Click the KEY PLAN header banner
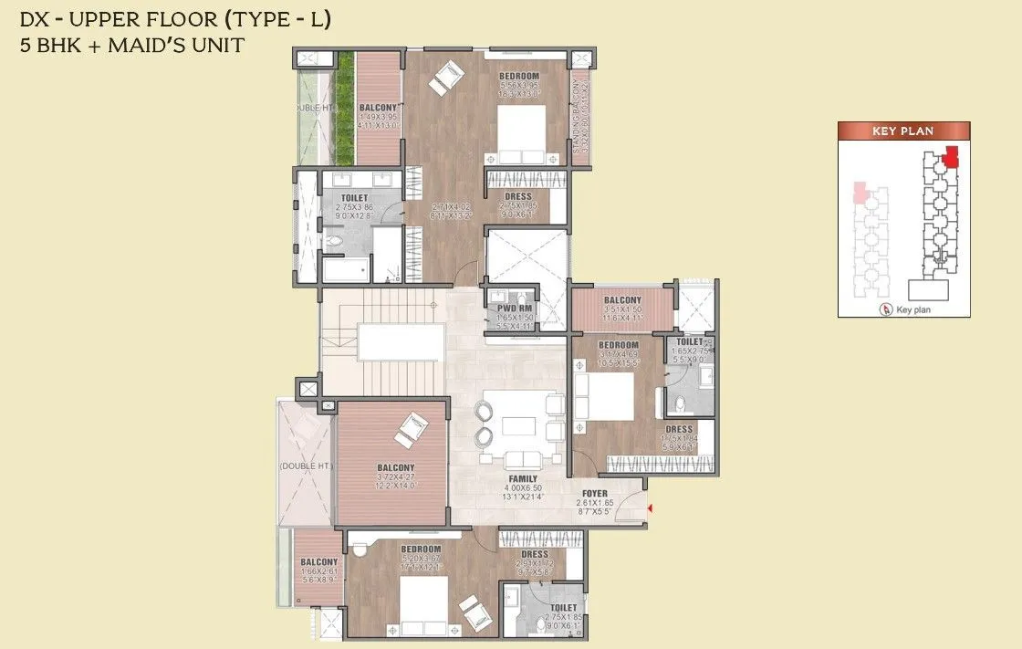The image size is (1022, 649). [902, 131]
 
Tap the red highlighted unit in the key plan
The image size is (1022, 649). [953, 156]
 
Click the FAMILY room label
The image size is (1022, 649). [523, 478]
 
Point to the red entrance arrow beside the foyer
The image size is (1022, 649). [649, 508]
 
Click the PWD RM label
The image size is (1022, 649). [511, 309]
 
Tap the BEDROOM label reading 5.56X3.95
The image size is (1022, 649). [519, 76]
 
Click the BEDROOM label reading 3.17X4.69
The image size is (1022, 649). [619, 345]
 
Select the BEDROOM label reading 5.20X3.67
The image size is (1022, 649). [422, 550]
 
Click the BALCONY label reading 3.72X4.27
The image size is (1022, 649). [392, 468]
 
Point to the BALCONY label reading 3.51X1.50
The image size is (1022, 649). [622, 300]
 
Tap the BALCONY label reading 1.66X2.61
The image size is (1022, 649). [319, 562]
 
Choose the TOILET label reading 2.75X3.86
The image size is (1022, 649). [354, 197]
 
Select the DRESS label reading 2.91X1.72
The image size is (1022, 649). [535, 555]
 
